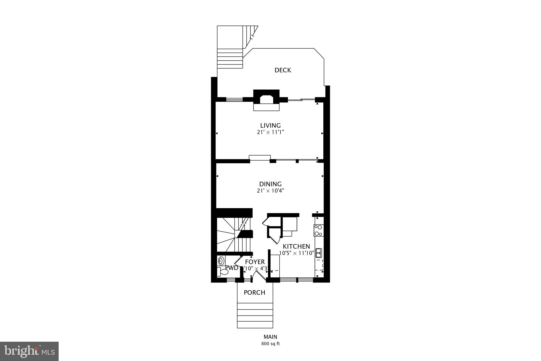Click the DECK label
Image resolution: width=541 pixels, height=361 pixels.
283,70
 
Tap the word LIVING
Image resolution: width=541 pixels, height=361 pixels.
270,125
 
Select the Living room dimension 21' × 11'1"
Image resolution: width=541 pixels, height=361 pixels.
270,132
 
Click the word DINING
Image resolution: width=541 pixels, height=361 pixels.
270,184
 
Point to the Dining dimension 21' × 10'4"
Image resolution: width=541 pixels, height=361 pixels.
270,191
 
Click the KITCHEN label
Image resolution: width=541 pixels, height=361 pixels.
296,246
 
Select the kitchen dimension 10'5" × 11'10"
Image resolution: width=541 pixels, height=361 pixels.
296,253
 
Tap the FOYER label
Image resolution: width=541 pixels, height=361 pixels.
255,262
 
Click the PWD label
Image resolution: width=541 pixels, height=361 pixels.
232,268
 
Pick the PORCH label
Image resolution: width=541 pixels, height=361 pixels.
254,293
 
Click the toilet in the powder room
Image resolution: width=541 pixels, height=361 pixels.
222,272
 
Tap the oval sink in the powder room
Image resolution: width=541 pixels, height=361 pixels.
221,261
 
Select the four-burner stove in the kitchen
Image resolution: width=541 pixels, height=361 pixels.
319,230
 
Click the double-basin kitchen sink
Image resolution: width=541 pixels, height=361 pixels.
319,253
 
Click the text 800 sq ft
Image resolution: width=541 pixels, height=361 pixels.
270,344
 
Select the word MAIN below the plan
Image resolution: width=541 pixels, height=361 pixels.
270,337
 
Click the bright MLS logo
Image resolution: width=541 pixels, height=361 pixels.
29,351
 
